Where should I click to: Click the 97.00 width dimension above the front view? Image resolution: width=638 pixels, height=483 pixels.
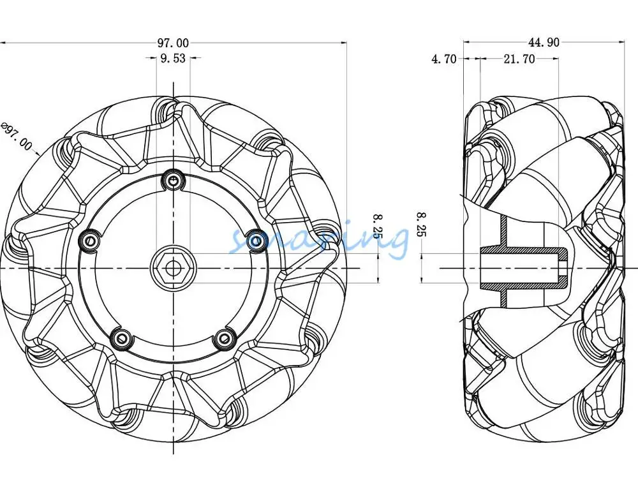(x=173, y=43)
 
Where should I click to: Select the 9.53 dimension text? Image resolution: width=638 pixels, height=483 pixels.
(x=173, y=59)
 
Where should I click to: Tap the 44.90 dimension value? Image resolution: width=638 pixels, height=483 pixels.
(x=544, y=43)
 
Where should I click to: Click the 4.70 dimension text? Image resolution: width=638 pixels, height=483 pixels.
(x=444, y=59)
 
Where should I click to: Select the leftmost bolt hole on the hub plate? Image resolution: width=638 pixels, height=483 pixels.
(x=89, y=241)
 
